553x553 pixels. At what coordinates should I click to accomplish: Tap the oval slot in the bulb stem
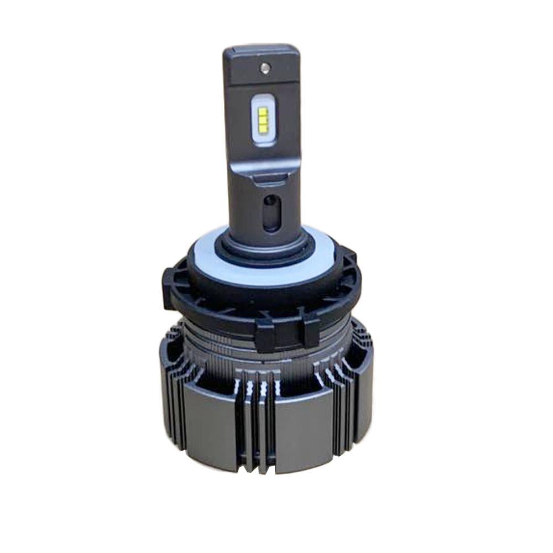(x=270, y=212)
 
